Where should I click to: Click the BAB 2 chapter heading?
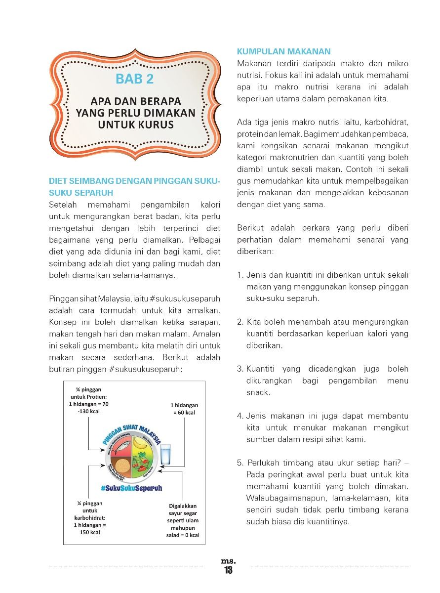(134, 79)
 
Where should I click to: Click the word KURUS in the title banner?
(156, 125)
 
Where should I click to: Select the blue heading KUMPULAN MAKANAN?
(283, 51)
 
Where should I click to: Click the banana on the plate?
(144, 443)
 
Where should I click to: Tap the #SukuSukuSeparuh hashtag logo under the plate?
(131, 488)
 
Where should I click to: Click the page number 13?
(228, 570)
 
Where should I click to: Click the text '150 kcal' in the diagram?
(90, 533)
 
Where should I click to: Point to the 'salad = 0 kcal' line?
(183, 535)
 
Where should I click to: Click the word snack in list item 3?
(257, 392)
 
